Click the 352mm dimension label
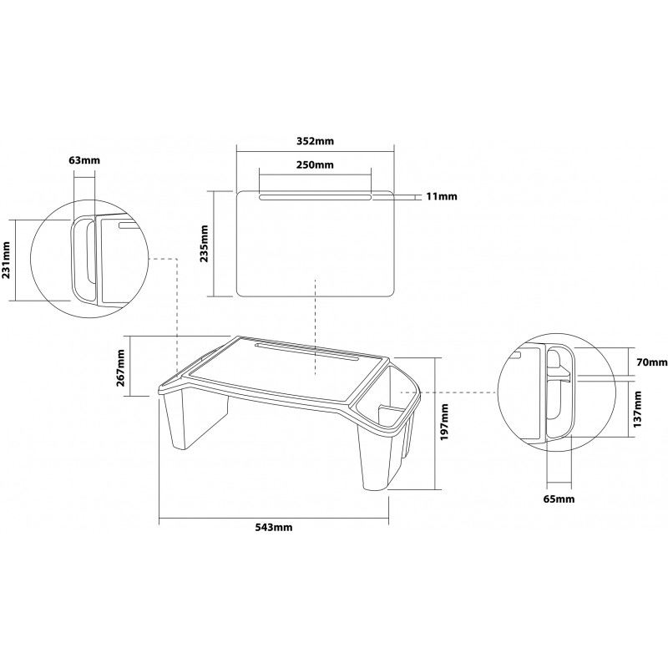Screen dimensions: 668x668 [x=316, y=141]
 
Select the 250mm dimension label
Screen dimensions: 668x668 [x=316, y=164]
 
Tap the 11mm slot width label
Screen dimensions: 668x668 [x=442, y=196]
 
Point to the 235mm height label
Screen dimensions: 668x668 [x=205, y=244]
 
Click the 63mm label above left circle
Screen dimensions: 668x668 [x=84, y=160]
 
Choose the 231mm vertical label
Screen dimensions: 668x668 [x=6, y=261]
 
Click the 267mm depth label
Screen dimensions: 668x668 [x=120, y=367]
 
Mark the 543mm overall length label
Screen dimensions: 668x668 [x=274, y=528]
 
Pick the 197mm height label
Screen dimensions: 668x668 [x=445, y=423]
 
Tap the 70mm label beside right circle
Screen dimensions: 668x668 [x=652, y=362]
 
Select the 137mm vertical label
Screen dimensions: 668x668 [x=637, y=409]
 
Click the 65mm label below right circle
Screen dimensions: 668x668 [x=559, y=498]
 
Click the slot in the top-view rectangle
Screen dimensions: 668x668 [x=316, y=197]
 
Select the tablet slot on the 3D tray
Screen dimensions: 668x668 [x=306, y=352]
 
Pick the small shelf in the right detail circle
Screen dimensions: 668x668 [x=559, y=374]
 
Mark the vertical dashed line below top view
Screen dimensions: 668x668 [x=315, y=327]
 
